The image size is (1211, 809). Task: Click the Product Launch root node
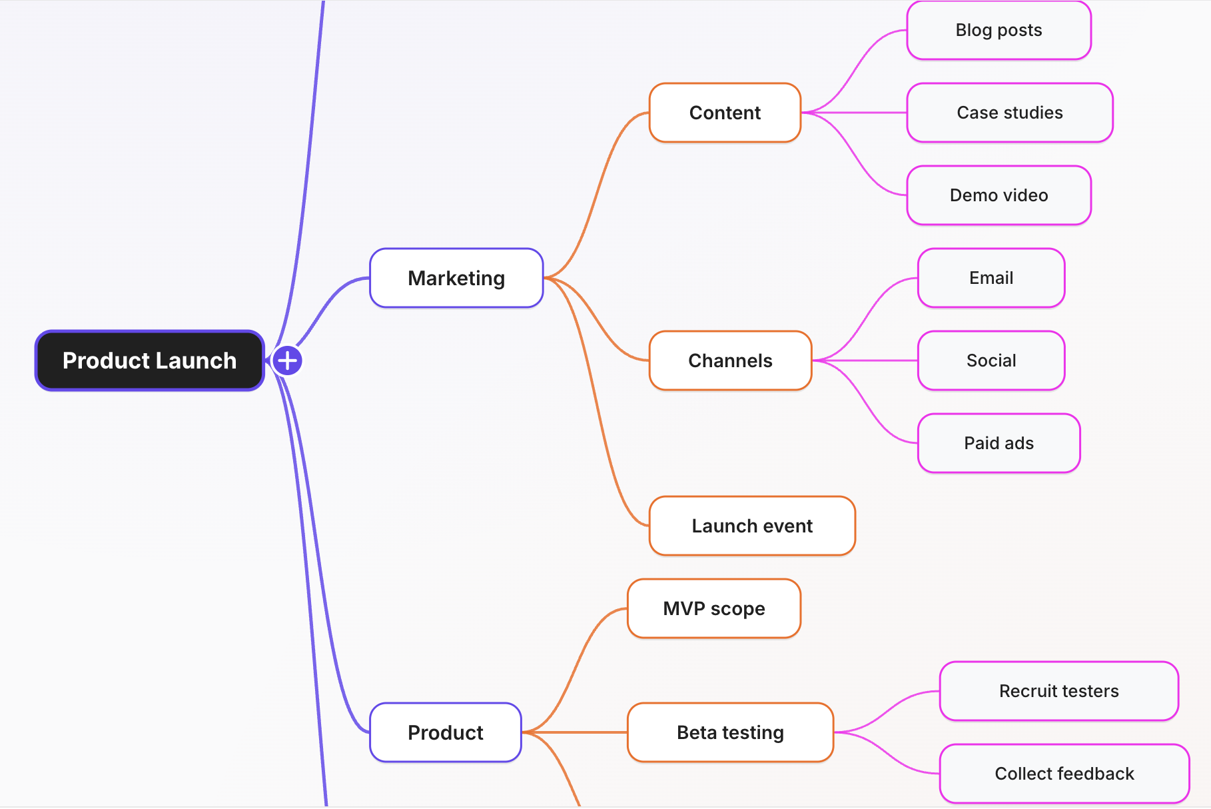pos(149,361)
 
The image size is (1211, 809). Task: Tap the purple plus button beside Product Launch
pos(287,361)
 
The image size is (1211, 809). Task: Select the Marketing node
pos(456,278)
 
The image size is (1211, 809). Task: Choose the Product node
pos(445,732)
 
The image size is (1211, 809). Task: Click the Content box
pos(725,113)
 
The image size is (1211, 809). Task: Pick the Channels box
pos(730,361)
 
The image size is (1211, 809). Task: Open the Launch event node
pos(752,526)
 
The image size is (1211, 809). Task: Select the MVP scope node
pos(714,608)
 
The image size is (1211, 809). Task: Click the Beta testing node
pos(730,732)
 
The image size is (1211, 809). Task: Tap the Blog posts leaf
pos(999,30)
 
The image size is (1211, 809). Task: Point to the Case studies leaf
pos(1010,113)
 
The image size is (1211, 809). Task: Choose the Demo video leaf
pos(999,195)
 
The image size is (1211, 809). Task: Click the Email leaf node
pos(991,278)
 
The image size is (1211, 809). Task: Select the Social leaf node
pos(991,361)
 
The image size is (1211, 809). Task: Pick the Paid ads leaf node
pos(999,443)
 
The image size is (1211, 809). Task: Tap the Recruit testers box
pos(1058,691)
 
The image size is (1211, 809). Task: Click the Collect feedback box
pos(1064,774)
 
